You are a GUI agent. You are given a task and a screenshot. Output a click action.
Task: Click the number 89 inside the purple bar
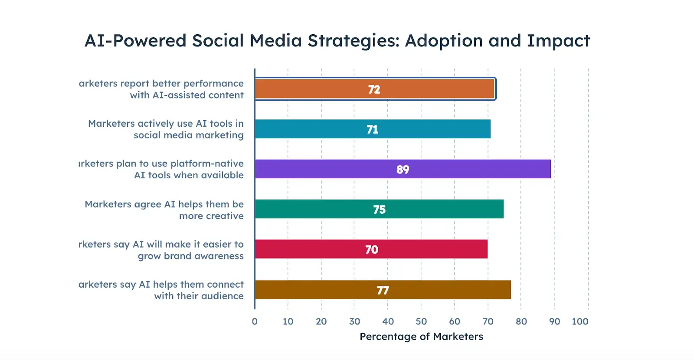click(403, 170)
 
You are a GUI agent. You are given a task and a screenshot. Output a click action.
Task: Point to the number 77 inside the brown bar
click(383, 290)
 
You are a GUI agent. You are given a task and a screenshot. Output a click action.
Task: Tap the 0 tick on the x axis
click(255, 321)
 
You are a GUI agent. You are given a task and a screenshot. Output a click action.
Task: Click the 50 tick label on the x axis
click(421, 321)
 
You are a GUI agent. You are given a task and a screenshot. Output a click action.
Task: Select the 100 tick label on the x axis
click(580, 321)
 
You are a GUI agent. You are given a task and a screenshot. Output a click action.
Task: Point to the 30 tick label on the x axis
click(354, 321)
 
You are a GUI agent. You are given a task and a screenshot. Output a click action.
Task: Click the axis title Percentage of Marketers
click(421, 337)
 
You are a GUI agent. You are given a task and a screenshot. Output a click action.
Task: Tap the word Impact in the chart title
click(558, 41)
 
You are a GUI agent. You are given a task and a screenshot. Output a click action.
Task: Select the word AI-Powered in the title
click(135, 41)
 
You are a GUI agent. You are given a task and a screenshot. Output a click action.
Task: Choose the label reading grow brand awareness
click(190, 256)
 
